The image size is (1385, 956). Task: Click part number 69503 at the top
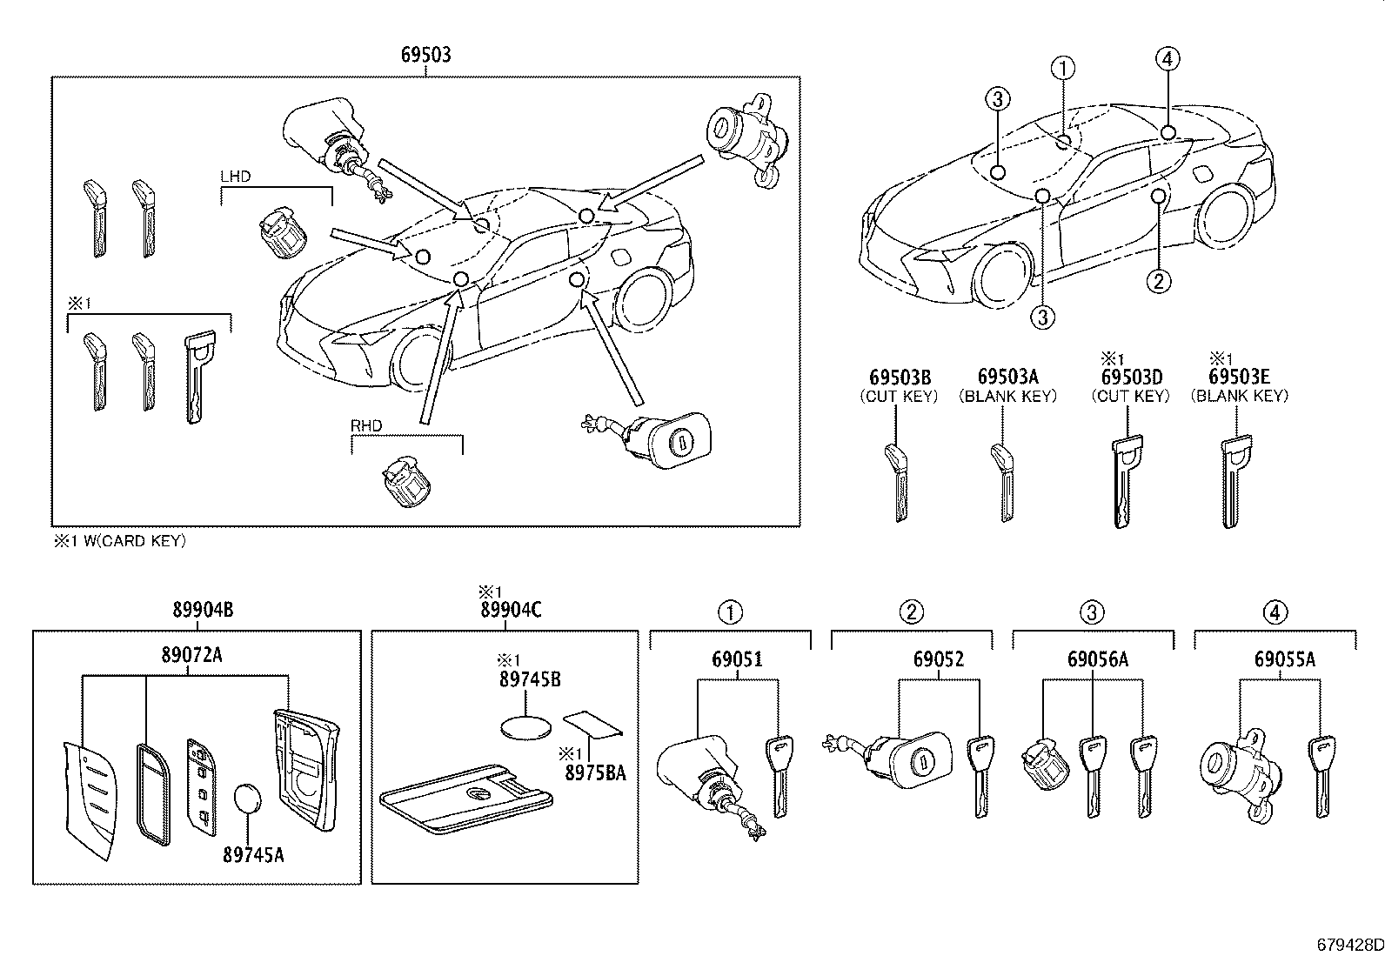[425, 55]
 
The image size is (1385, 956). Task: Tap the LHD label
[235, 176]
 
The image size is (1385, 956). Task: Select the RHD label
[366, 426]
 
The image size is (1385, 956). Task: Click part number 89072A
[191, 654]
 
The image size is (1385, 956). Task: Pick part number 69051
[737, 659]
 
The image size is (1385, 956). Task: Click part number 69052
[939, 659]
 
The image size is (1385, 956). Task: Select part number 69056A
[1098, 659]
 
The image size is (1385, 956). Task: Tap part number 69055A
[1284, 659]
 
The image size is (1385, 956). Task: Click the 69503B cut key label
[900, 377]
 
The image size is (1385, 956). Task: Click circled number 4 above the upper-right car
[1168, 59]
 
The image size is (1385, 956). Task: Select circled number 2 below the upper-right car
[1158, 280]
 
